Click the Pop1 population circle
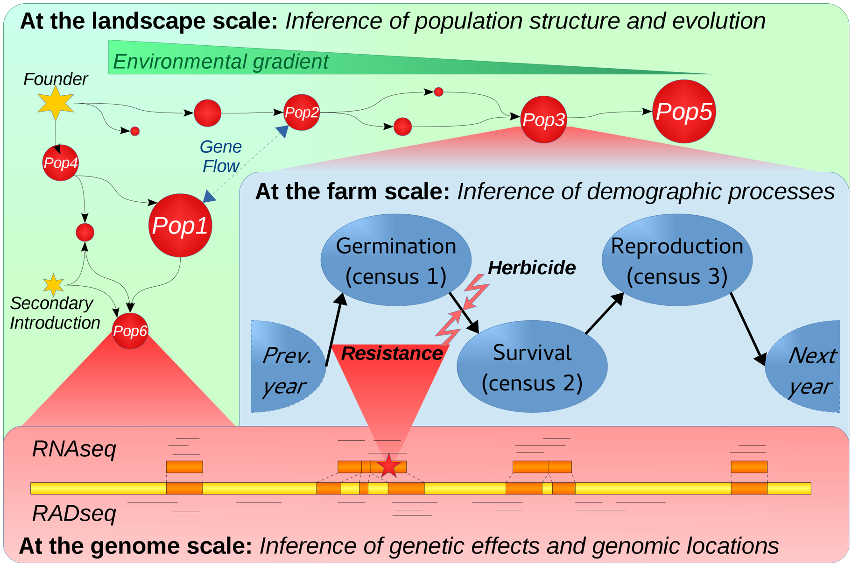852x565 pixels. pos(180,226)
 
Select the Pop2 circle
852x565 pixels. pos(302,113)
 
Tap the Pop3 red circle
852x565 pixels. pos(543,120)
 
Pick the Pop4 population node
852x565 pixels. pos(61,163)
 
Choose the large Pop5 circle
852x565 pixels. pos(684,112)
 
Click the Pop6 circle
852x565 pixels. pos(130,331)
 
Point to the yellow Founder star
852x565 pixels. pos(56,103)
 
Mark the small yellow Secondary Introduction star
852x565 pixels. pos(53,285)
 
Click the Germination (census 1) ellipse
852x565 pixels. pos(396,260)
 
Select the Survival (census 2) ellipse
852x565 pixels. pos(532,367)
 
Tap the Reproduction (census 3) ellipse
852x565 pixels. pos(677,260)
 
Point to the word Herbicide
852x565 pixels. pos(531,268)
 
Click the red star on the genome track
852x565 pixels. pos(389,466)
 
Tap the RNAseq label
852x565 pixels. pos(74,449)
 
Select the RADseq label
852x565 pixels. pos(74,513)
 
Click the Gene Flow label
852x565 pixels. pos(221,156)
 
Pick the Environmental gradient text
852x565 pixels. pos(221,62)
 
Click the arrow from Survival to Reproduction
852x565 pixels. pos(605,313)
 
